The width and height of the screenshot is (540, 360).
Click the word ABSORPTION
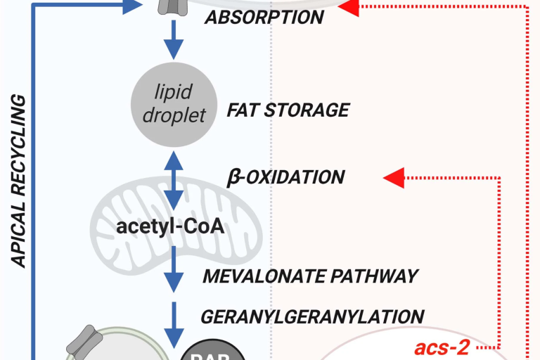click(264, 17)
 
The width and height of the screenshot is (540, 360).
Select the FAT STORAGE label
click(288, 110)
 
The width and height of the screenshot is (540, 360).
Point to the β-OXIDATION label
click(285, 176)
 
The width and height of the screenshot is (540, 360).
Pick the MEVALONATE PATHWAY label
click(310, 275)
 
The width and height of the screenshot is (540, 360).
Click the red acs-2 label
click(442, 347)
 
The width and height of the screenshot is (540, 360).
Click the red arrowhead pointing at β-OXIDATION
click(394, 177)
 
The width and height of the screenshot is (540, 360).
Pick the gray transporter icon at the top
click(173, 6)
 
